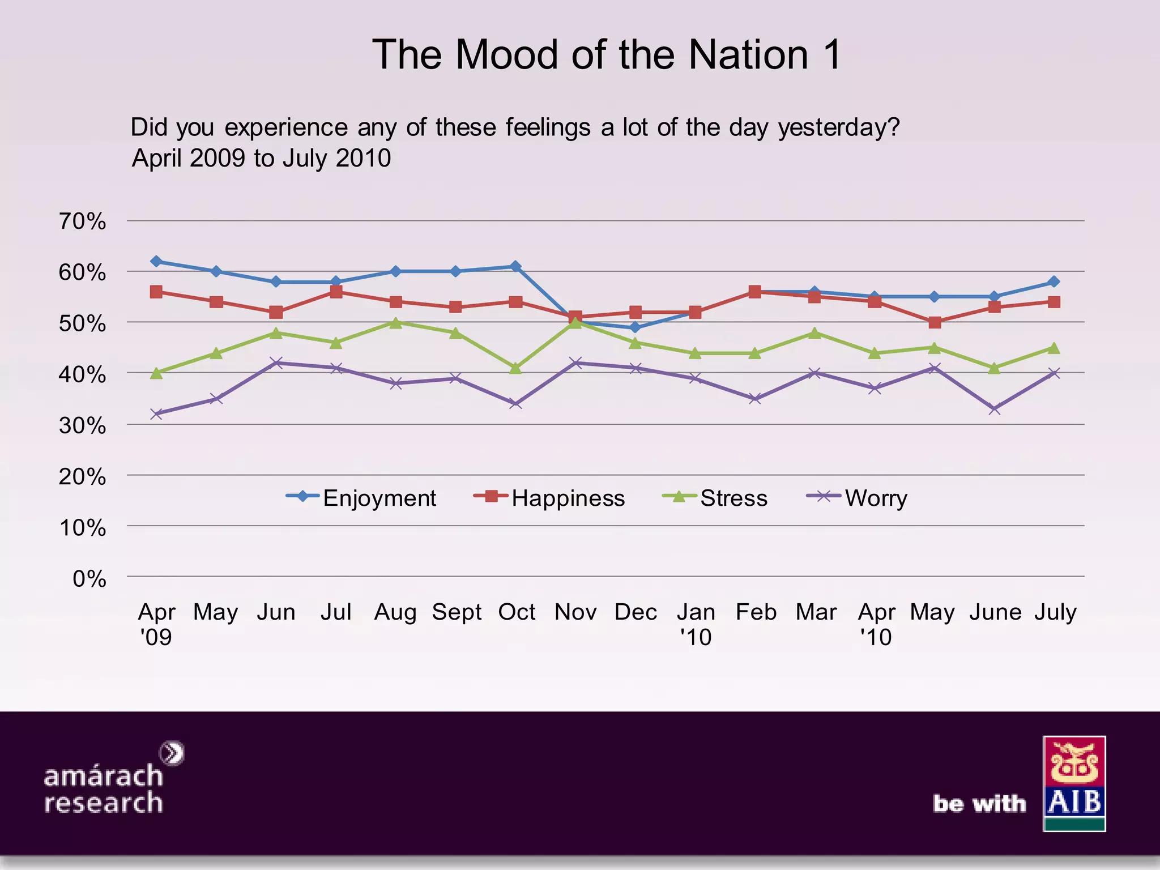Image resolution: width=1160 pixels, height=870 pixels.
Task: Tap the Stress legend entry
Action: coord(716,498)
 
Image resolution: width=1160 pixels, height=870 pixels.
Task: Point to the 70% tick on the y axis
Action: coord(83,221)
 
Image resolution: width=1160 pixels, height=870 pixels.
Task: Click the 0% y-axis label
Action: coord(89,579)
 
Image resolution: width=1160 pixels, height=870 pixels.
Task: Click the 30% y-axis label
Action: coord(83,425)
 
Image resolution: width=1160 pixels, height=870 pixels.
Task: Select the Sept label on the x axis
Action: coord(457,612)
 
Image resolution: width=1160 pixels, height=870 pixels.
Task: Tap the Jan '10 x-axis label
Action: coord(696,624)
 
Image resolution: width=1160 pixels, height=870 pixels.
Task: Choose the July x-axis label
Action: coord(1055,612)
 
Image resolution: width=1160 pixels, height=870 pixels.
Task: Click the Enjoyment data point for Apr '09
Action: coord(156,261)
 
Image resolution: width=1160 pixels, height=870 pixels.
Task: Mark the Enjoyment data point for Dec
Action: coord(635,327)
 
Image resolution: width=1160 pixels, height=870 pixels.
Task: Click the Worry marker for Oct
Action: coord(515,404)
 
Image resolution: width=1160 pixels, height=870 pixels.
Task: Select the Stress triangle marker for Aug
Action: coord(396,322)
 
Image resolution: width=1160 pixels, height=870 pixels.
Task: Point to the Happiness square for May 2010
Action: coord(935,322)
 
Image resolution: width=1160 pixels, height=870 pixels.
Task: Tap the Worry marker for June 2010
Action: coord(994,409)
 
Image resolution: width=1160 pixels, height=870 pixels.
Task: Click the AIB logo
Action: coord(1074,783)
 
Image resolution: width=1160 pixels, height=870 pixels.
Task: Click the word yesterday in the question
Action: coord(838,127)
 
